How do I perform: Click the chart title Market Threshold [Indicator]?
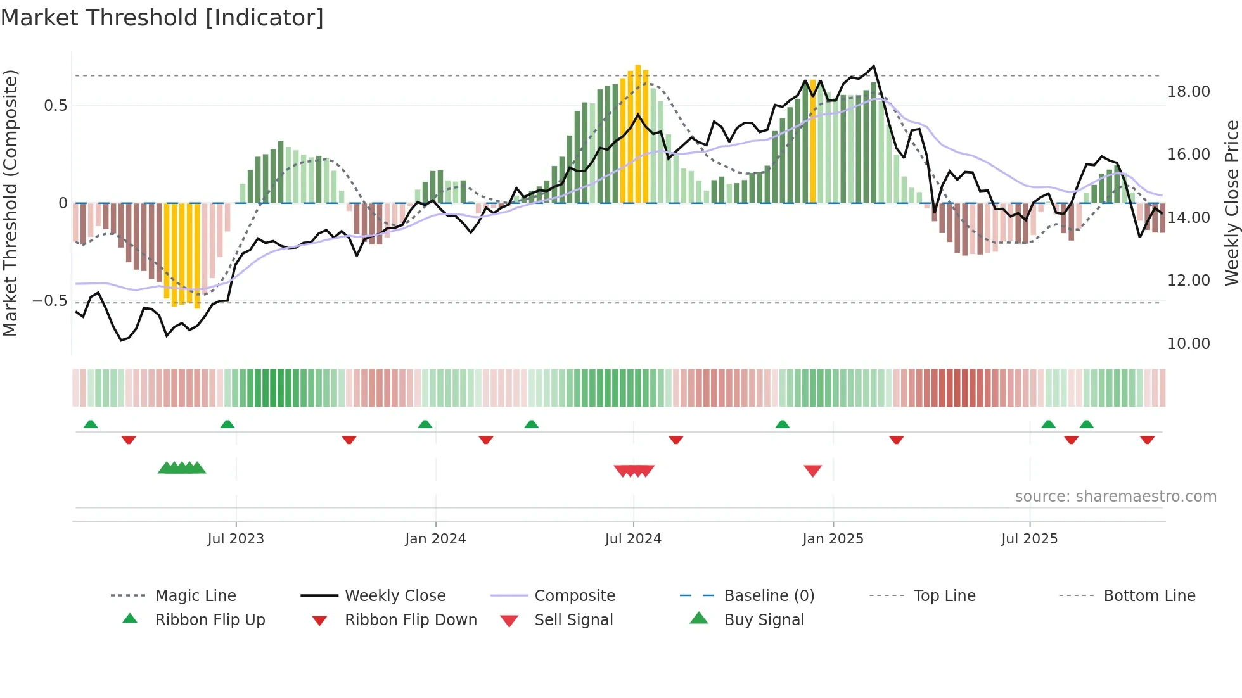(x=162, y=18)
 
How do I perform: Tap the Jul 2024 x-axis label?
(x=633, y=539)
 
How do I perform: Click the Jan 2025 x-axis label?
(x=833, y=539)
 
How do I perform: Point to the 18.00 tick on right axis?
(x=1188, y=92)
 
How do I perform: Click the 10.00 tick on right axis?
(x=1188, y=344)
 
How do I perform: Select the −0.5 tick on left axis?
(x=50, y=301)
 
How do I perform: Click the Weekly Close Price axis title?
(x=1231, y=203)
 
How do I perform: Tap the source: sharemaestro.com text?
(x=1115, y=497)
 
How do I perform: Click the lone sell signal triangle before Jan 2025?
(x=812, y=471)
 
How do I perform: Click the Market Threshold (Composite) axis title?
(x=10, y=203)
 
